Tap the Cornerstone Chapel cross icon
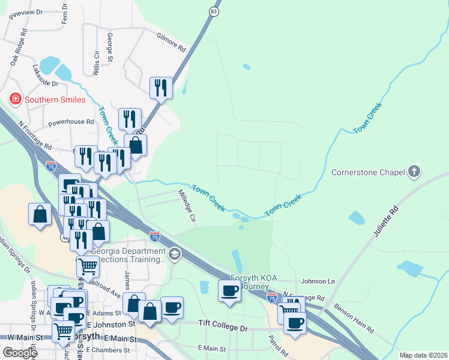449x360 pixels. click(x=414, y=172)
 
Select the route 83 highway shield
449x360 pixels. click(x=214, y=11)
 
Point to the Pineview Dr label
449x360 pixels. click(x=26, y=12)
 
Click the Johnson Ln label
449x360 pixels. click(x=317, y=281)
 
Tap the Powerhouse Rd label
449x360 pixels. click(x=71, y=121)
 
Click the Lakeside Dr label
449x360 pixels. click(x=46, y=76)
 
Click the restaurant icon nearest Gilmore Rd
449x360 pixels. click(x=161, y=88)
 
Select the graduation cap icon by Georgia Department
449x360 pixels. click(x=175, y=253)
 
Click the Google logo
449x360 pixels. click(x=20, y=353)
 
